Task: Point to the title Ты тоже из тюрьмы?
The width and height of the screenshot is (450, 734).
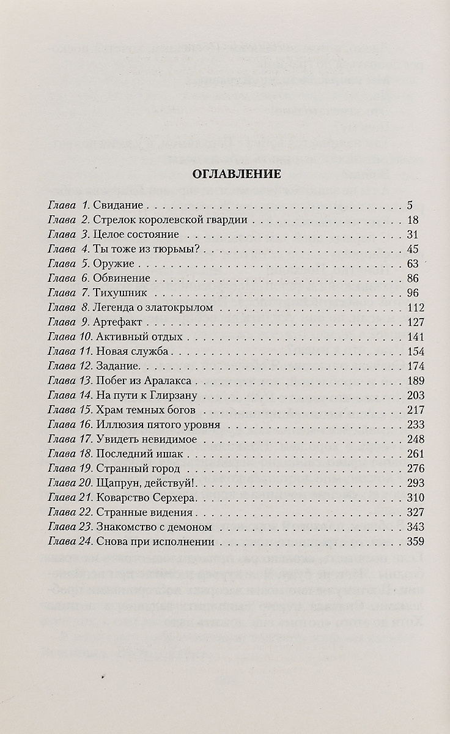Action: click(x=140, y=250)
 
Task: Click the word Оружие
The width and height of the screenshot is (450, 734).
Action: click(x=114, y=264)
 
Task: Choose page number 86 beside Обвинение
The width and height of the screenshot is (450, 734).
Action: click(x=411, y=279)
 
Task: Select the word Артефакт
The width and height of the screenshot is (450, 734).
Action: click(x=119, y=322)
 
